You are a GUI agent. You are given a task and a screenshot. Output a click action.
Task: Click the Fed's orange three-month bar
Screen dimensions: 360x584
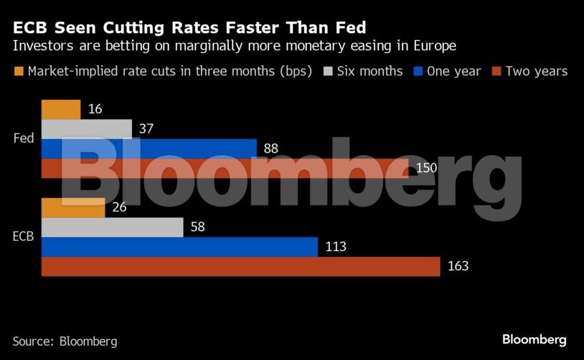click(61, 110)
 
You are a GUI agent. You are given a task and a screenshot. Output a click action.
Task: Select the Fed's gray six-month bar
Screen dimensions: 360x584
click(87, 129)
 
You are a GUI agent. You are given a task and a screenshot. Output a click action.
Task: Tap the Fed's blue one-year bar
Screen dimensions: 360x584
click(149, 148)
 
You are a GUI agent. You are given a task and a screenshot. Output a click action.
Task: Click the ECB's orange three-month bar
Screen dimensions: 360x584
click(73, 208)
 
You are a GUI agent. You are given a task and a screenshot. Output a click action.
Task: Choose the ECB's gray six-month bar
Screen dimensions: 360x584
click(113, 227)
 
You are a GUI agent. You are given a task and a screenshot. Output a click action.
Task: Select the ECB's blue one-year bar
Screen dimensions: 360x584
click(179, 247)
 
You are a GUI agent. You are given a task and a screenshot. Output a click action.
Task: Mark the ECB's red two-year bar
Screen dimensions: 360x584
click(240, 266)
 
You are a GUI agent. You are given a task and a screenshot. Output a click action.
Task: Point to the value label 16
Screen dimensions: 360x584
click(95, 110)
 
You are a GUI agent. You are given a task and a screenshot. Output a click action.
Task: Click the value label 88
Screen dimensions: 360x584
click(270, 148)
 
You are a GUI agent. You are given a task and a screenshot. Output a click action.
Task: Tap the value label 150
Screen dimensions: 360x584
click(426, 168)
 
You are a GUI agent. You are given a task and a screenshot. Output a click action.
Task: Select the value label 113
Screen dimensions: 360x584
click(335, 247)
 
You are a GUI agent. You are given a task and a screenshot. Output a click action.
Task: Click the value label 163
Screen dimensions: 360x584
click(457, 266)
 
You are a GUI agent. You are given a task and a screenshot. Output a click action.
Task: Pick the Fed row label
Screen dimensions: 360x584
click(24, 138)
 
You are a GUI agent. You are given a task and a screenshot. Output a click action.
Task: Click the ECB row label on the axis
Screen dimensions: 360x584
click(23, 237)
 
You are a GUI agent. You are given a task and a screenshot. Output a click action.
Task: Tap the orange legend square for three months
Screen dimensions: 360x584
click(19, 71)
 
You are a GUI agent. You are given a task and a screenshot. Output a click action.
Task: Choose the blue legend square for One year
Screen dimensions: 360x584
click(418, 71)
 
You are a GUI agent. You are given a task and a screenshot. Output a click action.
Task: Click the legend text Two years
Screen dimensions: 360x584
click(536, 71)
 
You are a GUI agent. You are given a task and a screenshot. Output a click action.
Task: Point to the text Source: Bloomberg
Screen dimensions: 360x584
click(65, 341)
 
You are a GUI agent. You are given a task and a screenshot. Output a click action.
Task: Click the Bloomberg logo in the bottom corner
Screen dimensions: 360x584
click(534, 339)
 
